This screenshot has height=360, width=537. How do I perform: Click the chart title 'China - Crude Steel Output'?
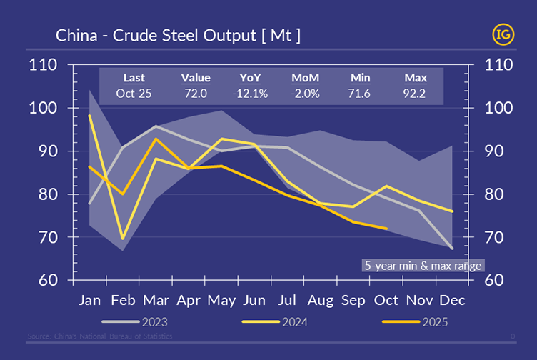point(178,35)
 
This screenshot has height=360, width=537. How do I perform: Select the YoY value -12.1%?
point(250,94)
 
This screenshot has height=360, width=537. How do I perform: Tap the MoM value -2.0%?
point(306,94)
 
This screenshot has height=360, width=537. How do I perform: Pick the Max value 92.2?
point(416,94)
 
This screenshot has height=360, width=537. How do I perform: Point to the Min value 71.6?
point(361,94)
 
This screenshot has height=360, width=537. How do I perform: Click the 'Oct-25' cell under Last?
point(134,94)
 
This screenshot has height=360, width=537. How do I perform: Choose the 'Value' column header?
point(195,78)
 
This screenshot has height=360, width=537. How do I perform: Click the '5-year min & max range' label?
point(423,265)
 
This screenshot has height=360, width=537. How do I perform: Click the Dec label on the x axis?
point(451,300)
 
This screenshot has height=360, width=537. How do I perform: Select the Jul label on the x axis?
point(287,300)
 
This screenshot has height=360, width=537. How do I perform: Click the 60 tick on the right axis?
point(497,280)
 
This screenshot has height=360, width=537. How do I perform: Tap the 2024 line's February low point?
point(123,239)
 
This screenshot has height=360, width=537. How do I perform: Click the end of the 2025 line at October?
point(386,229)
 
